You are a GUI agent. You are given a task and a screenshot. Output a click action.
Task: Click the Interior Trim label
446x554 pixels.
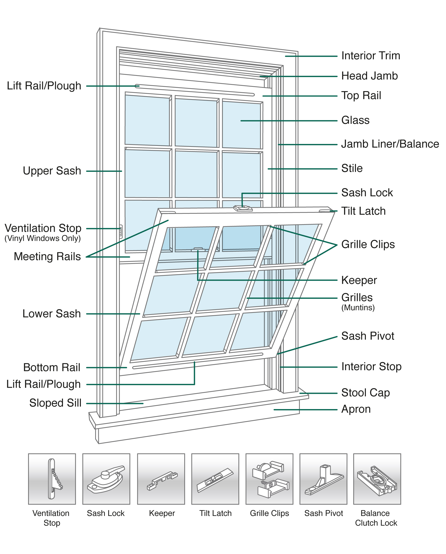click(370, 56)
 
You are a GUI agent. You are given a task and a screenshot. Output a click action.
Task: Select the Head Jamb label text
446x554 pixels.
click(369, 76)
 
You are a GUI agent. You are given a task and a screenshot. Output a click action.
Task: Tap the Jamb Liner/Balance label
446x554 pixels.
click(390, 144)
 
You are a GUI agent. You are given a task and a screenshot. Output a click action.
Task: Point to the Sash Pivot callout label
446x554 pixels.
click(367, 336)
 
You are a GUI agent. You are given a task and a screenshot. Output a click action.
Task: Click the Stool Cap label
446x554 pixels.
click(365, 393)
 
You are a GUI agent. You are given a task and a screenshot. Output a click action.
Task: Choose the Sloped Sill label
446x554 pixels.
click(55, 403)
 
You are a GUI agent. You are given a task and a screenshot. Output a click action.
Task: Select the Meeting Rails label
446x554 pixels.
click(47, 256)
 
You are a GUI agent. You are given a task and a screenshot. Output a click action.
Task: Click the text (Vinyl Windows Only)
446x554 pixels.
click(43, 238)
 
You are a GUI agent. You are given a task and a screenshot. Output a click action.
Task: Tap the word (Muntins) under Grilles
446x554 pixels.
click(358, 308)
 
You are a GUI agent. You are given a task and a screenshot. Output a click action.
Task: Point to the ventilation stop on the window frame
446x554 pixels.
click(121, 231)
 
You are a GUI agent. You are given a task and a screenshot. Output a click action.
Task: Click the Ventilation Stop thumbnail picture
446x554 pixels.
click(52, 479)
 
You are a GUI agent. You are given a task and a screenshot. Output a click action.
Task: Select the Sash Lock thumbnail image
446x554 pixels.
click(106, 479)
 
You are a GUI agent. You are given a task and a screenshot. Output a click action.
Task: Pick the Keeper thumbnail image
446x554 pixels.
click(161, 479)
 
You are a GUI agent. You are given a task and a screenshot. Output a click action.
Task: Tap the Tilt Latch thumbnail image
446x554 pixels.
click(215, 479)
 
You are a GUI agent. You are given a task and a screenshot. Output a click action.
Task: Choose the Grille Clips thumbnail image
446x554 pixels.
click(269, 479)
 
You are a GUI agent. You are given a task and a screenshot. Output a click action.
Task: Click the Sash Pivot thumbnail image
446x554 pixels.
click(323, 479)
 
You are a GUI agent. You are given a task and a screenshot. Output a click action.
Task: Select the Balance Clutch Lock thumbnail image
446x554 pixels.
click(377, 479)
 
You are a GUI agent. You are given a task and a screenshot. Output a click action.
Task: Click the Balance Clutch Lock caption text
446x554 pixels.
click(376, 518)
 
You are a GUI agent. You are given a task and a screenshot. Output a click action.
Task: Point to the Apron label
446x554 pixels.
click(356, 409)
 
